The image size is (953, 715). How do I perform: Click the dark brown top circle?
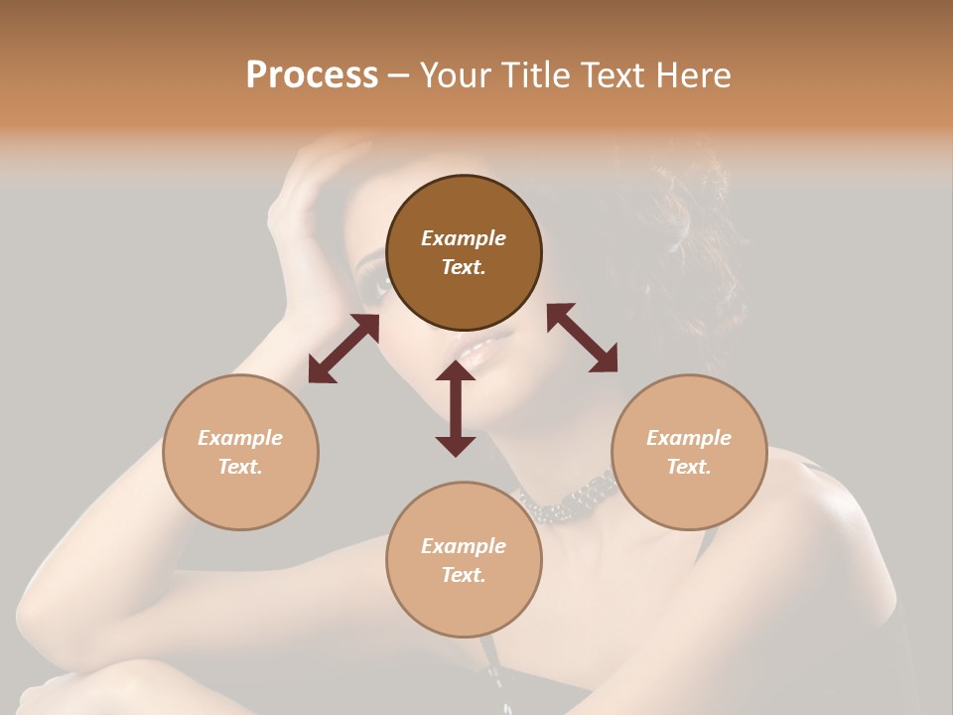click(x=464, y=252)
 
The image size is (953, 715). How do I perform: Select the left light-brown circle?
click(x=240, y=452)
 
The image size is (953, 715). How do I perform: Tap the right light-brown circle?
click(x=689, y=452)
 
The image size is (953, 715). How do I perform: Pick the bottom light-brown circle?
click(x=464, y=560)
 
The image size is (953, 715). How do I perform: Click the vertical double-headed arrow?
click(x=456, y=408)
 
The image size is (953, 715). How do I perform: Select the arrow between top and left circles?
click(x=343, y=349)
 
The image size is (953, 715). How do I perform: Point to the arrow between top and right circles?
click(x=582, y=338)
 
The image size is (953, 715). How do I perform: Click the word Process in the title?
click(x=312, y=75)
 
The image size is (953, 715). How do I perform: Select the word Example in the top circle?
click(x=464, y=238)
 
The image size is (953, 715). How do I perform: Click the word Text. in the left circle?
click(x=240, y=467)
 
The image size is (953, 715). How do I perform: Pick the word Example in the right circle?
click(x=689, y=438)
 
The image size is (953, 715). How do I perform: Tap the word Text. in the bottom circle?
click(x=464, y=575)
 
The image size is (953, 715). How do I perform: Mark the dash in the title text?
click(x=398, y=76)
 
